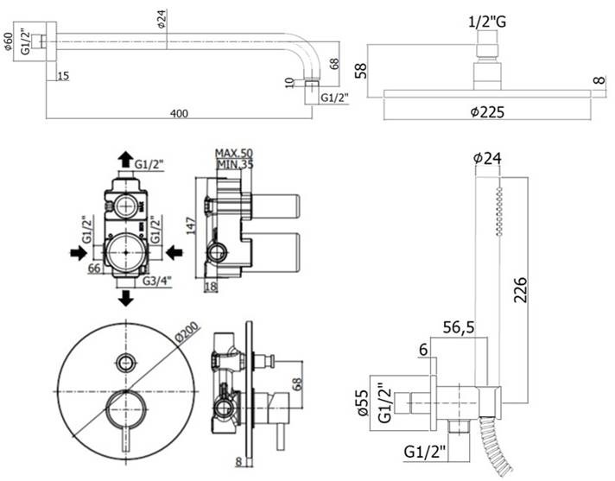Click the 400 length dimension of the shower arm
click(180, 114)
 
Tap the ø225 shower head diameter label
click(487, 112)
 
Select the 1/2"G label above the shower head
click(487, 22)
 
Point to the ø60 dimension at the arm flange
click(9, 41)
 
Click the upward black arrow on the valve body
click(125, 159)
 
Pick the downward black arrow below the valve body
click(125, 298)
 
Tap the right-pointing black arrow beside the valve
click(79, 253)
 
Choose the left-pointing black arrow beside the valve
click(174, 253)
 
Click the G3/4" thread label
click(157, 281)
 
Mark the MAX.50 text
click(234, 153)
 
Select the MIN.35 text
click(235, 164)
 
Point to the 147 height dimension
click(192, 225)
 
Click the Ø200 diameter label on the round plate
click(187, 332)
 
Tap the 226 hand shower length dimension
click(521, 289)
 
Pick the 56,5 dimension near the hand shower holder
click(459, 327)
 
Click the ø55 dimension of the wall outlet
click(363, 402)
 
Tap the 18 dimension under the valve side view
click(211, 287)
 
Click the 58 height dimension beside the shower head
click(361, 71)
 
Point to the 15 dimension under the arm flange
click(63, 76)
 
